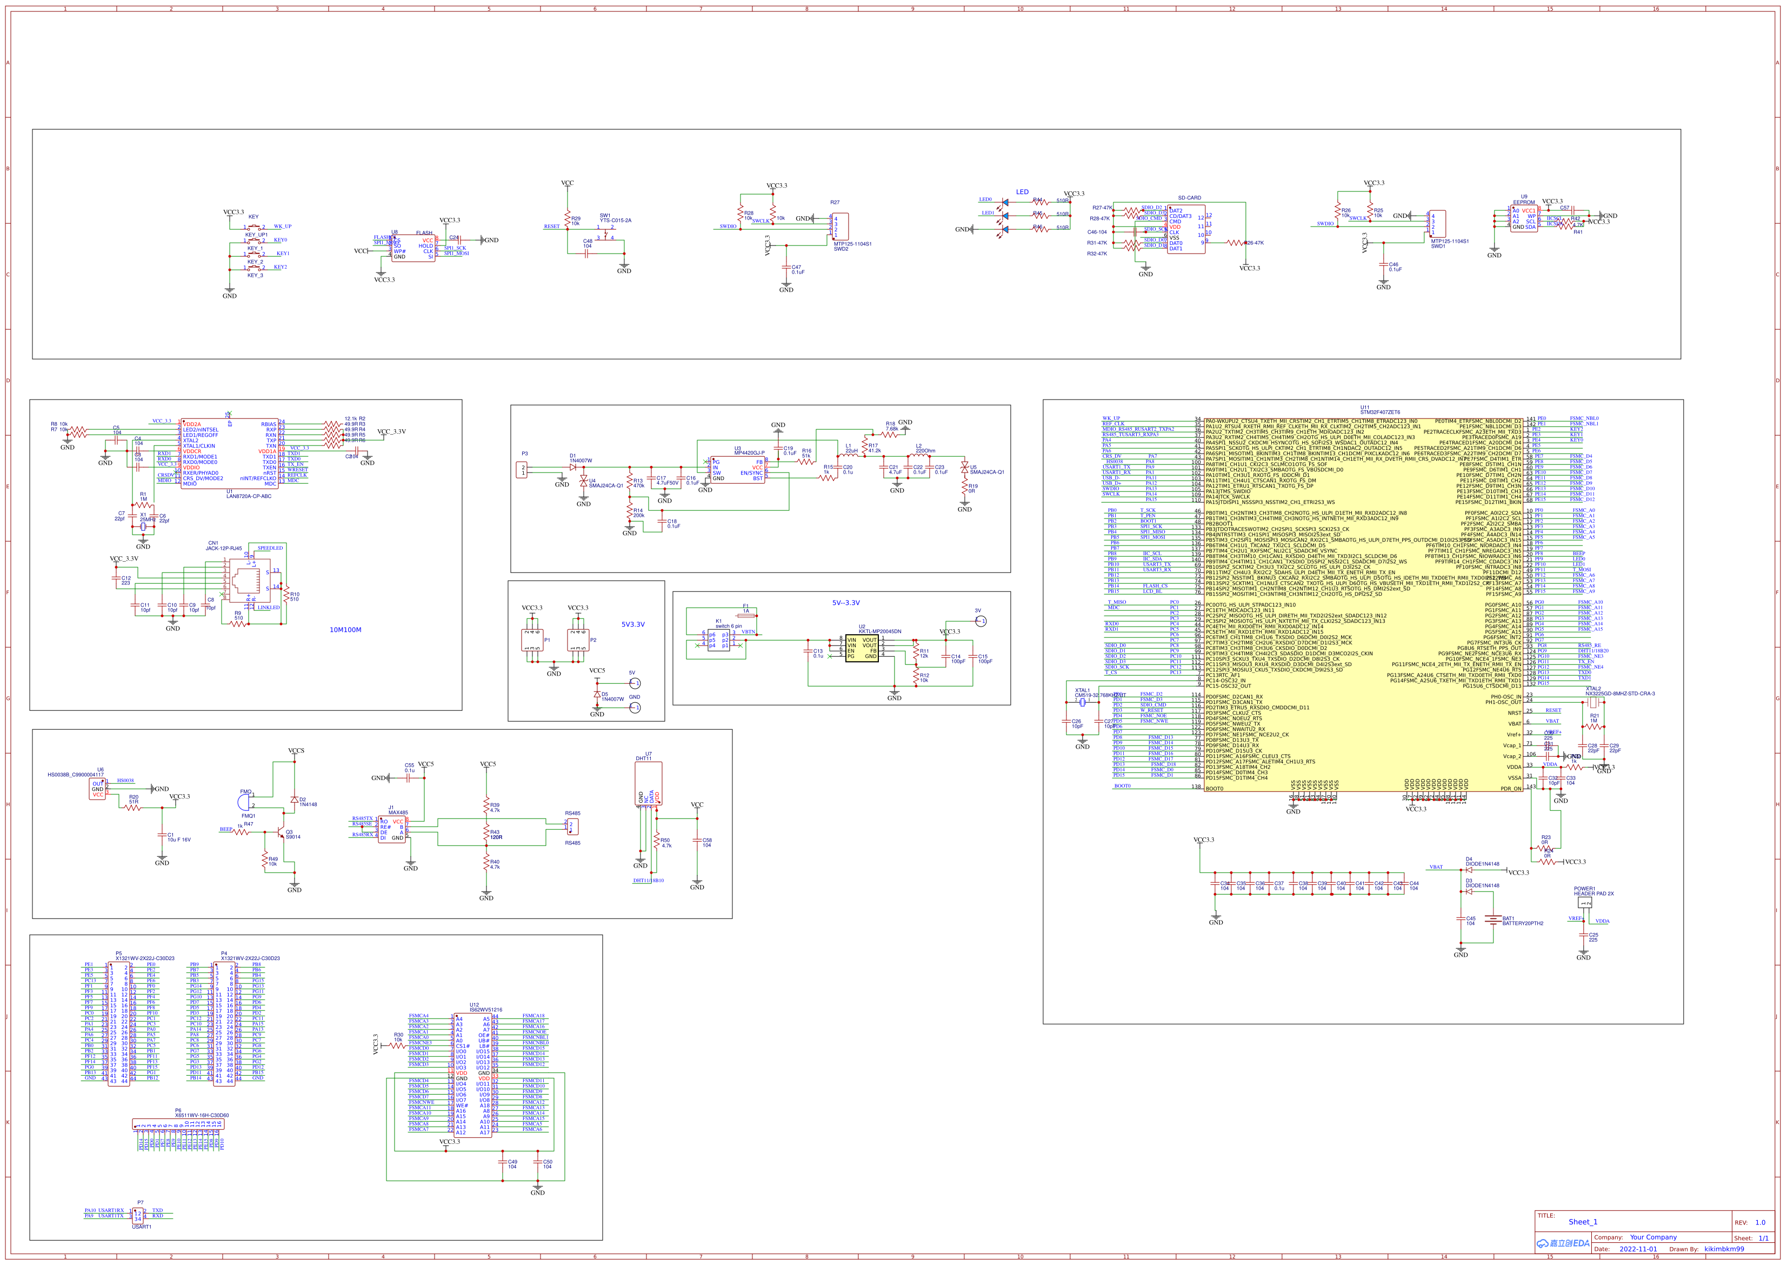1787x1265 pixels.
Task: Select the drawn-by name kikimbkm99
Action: [1724, 1249]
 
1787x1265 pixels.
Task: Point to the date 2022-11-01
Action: [1638, 1249]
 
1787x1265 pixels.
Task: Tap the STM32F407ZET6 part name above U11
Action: [1380, 412]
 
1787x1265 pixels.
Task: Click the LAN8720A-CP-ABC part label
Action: [249, 496]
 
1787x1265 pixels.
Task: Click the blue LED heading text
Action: [1022, 191]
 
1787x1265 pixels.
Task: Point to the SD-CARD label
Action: [1189, 198]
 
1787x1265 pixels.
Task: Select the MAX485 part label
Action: [398, 813]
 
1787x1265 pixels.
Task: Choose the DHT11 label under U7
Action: [643, 758]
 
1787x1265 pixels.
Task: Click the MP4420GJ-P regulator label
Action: [749, 452]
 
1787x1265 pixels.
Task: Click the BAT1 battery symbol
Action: [1492, 920]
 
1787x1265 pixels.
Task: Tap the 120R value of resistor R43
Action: [496, 837]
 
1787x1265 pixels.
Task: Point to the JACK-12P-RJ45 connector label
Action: [223, 548]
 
